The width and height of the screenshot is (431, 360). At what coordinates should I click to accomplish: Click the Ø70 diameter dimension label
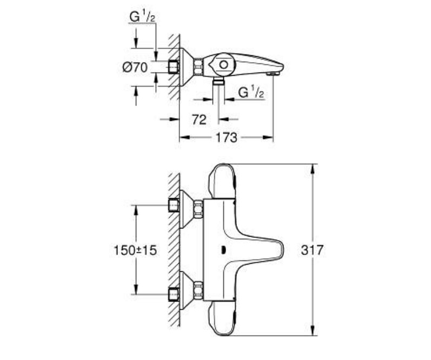pos(135,67)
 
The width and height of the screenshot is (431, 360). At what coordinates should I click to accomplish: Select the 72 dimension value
pos(199,120)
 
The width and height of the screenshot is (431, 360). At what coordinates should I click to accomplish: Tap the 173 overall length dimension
pos(226,138)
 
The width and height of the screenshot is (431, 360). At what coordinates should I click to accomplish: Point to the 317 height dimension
pos(312,250)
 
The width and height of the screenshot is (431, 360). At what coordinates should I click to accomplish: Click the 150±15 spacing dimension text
pos(135,250)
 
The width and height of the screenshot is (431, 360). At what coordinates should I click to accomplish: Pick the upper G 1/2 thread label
pos(143,17)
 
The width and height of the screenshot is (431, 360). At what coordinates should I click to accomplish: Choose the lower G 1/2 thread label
pos(251,93)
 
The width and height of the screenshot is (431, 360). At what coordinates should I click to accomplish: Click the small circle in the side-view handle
pos(224,65)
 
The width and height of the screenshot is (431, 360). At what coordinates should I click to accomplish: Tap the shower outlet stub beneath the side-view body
pos(219,81)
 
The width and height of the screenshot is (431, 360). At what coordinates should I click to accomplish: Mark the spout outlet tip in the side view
pos(274,74)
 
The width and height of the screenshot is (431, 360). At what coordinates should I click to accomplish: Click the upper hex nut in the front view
pos(198,208)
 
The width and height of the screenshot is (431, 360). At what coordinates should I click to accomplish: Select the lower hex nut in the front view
pos(198,291)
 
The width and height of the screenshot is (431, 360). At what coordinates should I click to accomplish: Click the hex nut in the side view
pos(198,67)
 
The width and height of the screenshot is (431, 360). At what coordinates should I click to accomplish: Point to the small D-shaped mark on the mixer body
pos(223,250)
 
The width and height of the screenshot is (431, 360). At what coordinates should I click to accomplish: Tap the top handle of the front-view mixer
pos(222,181)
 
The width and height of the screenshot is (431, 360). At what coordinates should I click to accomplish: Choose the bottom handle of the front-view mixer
pos(222,318)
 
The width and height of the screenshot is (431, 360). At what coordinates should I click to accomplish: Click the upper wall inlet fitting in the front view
pos(173,205)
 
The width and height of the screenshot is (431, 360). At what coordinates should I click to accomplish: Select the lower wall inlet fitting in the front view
pos(173,294)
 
